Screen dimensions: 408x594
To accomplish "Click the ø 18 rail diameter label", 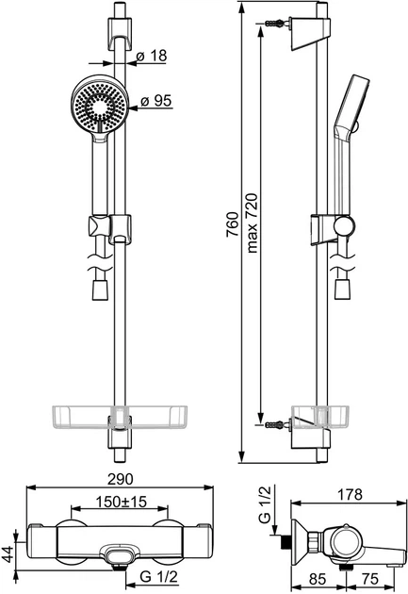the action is point(152,56).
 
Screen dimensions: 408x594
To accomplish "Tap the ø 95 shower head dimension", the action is point(155,101).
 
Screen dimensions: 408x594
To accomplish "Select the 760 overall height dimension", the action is point(233,224).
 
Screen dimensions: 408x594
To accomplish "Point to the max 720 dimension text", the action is point(252,223).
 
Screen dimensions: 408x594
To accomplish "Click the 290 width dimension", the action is point(121,479).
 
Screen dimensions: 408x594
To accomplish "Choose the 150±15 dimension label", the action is point(121,502).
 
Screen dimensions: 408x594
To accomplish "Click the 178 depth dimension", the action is point(349,494).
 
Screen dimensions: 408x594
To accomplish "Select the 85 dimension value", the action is point(318,579).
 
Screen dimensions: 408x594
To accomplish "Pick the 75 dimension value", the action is point(369,579).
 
